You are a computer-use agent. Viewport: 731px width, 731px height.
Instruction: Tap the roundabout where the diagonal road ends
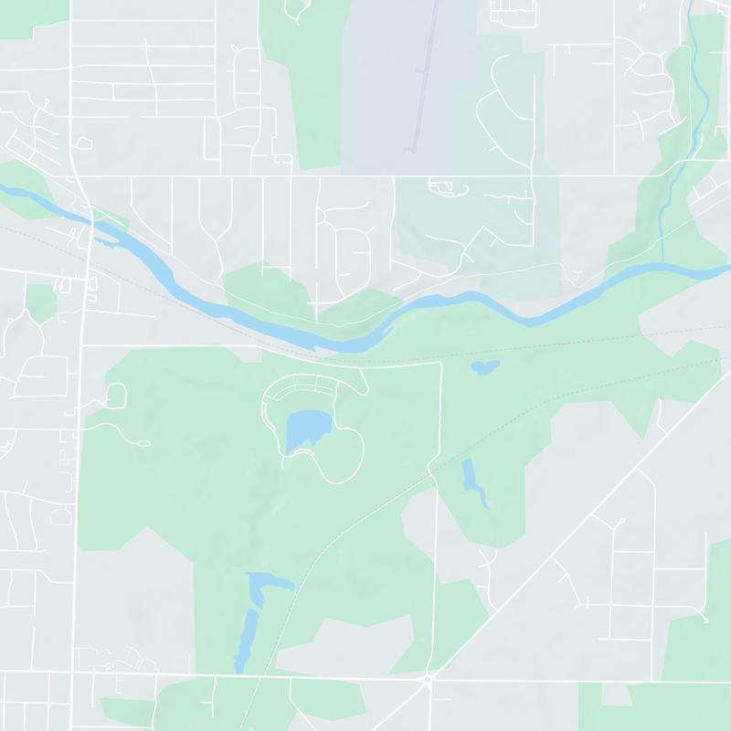tap(429, 679)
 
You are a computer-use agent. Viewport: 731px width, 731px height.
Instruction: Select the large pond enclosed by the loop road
tap(306, 429)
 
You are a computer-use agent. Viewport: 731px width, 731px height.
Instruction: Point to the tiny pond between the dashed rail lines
tap(484, 367)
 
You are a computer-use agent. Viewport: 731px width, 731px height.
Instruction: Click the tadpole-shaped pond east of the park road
tap(472, 482)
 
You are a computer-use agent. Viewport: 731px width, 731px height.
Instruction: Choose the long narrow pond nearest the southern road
tap(245, 640)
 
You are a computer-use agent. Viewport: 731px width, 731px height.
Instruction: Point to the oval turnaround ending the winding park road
tap(142, 444)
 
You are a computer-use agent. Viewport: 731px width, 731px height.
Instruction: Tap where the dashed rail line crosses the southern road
tap(252, 677)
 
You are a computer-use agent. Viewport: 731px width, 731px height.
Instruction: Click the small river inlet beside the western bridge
tap(108, 242)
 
